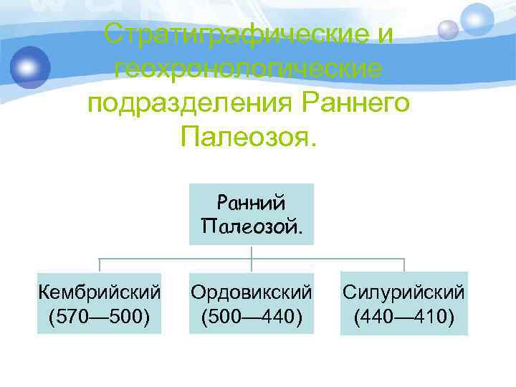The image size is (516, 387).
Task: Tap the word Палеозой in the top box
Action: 252,228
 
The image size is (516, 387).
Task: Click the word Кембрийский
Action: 100,292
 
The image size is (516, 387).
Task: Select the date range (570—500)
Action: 100,316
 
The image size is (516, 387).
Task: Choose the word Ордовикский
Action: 252,292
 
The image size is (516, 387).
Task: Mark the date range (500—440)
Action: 252,316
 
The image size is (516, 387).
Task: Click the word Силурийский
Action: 404,292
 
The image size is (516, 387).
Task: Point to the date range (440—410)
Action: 404,316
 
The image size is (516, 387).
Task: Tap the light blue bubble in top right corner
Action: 476,19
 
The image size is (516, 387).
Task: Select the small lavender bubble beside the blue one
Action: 448,29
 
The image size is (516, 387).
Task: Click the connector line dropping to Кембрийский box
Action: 99,264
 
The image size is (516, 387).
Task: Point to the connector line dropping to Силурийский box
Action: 404,264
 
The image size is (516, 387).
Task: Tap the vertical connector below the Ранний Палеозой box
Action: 252,252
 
